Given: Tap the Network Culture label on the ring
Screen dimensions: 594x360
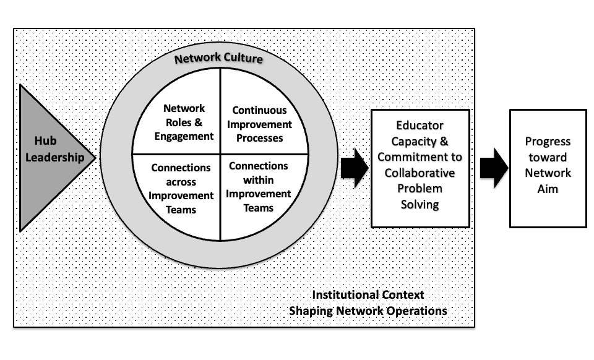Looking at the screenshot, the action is click(x=218, y=59).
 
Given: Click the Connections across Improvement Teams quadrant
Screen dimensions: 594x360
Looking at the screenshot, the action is click(x=181, y=189).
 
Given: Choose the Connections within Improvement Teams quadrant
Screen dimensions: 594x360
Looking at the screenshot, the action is click(x=259, y=187).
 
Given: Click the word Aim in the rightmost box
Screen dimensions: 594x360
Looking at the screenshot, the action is click(x=548, y=189).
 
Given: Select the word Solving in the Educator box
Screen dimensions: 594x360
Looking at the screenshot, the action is click(x=420, y=205).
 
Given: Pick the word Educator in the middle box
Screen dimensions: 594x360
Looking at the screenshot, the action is click(x=420, y=126).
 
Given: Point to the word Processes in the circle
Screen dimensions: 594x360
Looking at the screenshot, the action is click(x=259, y=138).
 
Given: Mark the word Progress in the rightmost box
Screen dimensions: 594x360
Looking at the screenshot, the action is click(x=548, y=142).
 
